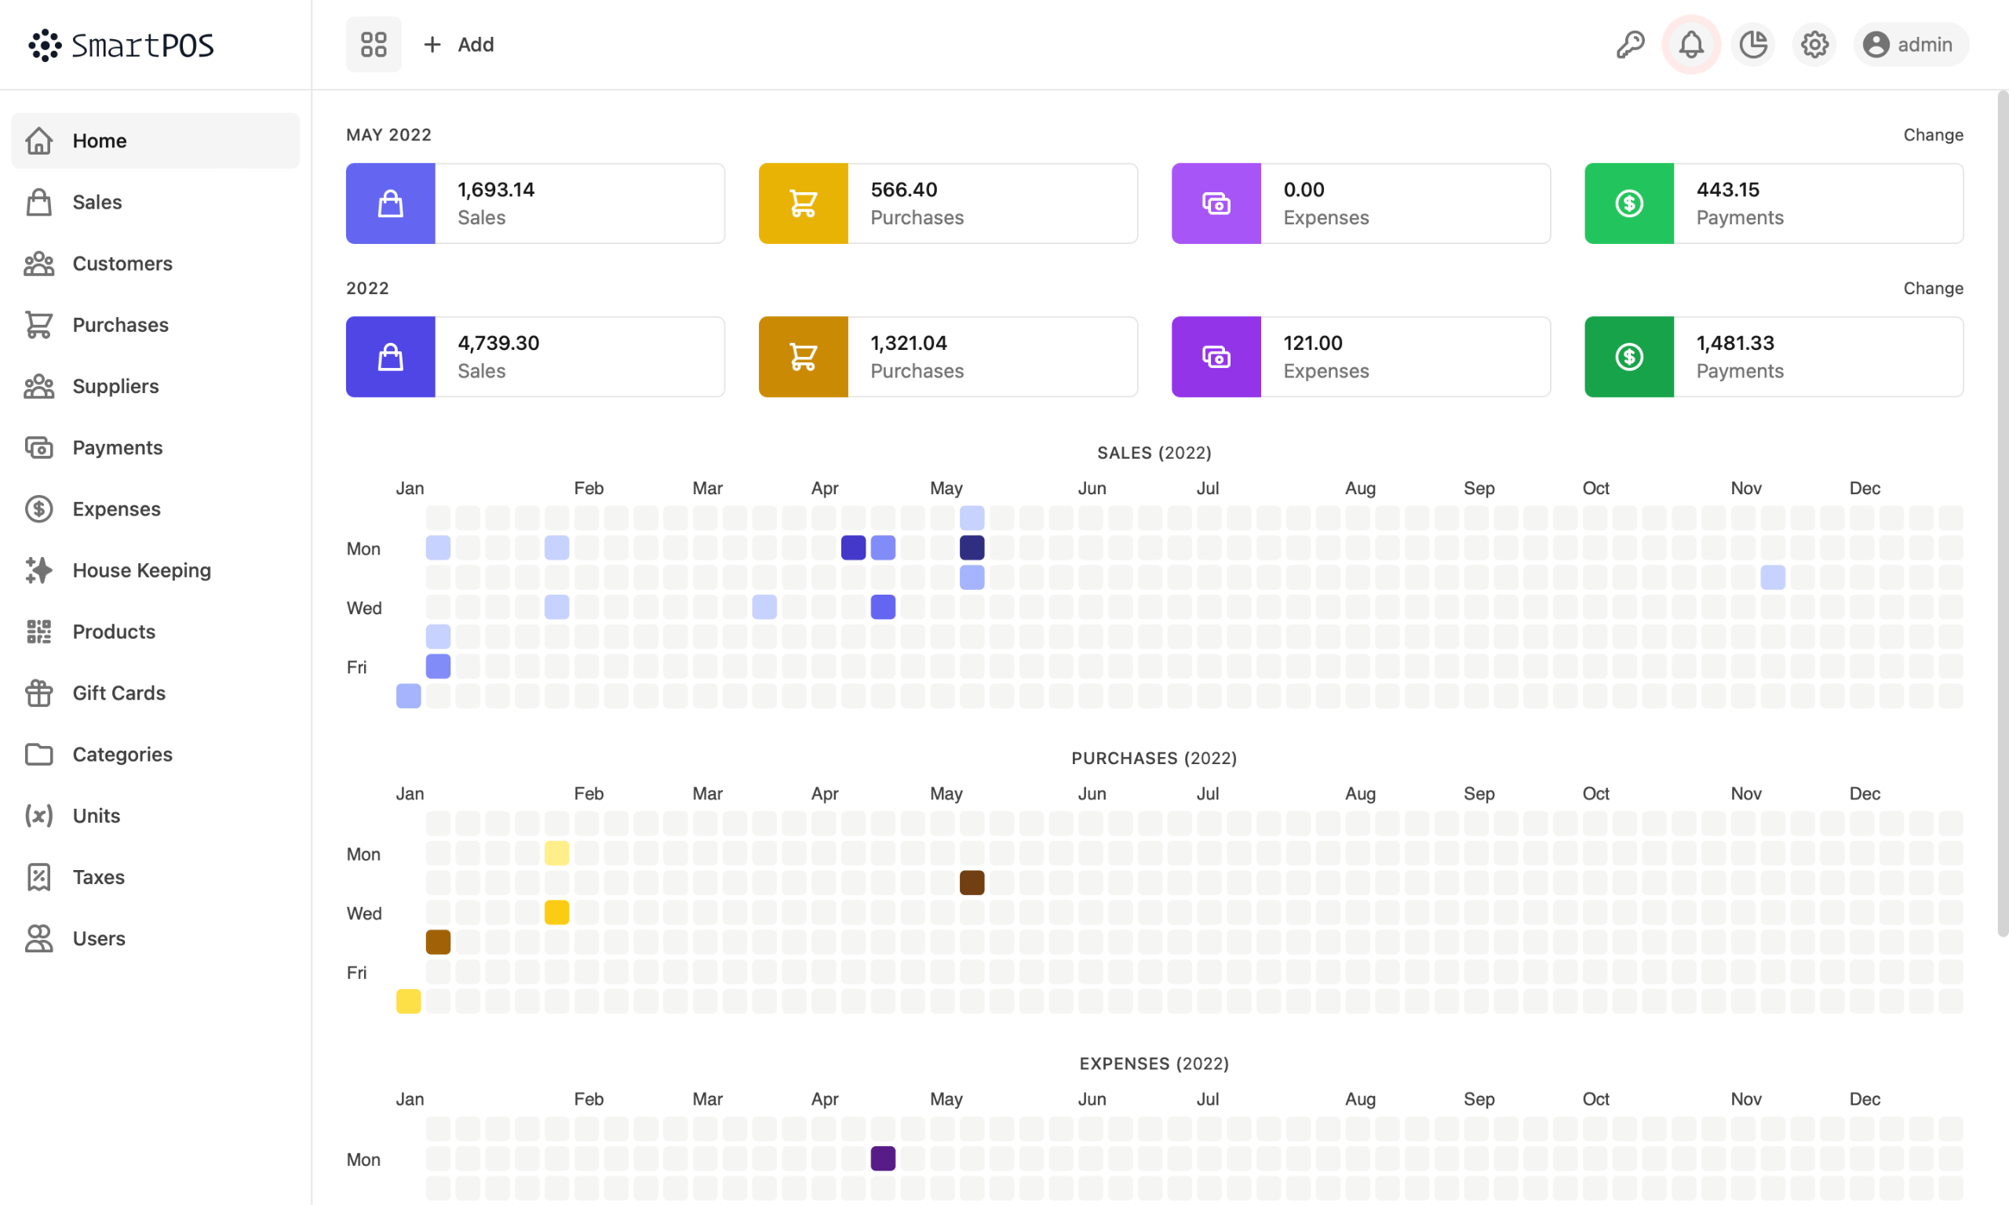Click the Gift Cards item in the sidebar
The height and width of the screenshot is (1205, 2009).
pos(118,693)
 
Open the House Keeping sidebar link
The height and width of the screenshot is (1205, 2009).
pos(141,570)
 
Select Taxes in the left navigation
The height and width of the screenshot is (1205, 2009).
pos(98,877)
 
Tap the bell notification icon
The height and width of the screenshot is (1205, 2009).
pos(1691,45)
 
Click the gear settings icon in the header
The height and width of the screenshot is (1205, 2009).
pos(1814,45)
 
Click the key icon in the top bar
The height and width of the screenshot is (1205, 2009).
pos(1630,45)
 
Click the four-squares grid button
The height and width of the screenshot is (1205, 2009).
pos(374,45)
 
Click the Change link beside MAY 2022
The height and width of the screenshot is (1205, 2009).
pos(1933,135)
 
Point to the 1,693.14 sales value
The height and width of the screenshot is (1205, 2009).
pos(496,190)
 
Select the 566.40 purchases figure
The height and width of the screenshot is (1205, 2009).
pos(904,190)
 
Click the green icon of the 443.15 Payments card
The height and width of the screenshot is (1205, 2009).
pos(1629,204)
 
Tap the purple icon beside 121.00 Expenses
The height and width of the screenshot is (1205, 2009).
pos(1216,357)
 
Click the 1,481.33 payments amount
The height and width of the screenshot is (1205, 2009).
pos(1735,344)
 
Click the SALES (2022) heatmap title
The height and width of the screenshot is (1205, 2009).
pos(1154,453)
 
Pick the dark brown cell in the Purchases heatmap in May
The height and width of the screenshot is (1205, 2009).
pos(972,883)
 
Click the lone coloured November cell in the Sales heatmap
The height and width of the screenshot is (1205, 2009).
pos(1773,577)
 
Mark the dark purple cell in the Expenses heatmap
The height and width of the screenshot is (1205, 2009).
pos(883,1159)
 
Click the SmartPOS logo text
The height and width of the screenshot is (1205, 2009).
pos(142,46)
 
